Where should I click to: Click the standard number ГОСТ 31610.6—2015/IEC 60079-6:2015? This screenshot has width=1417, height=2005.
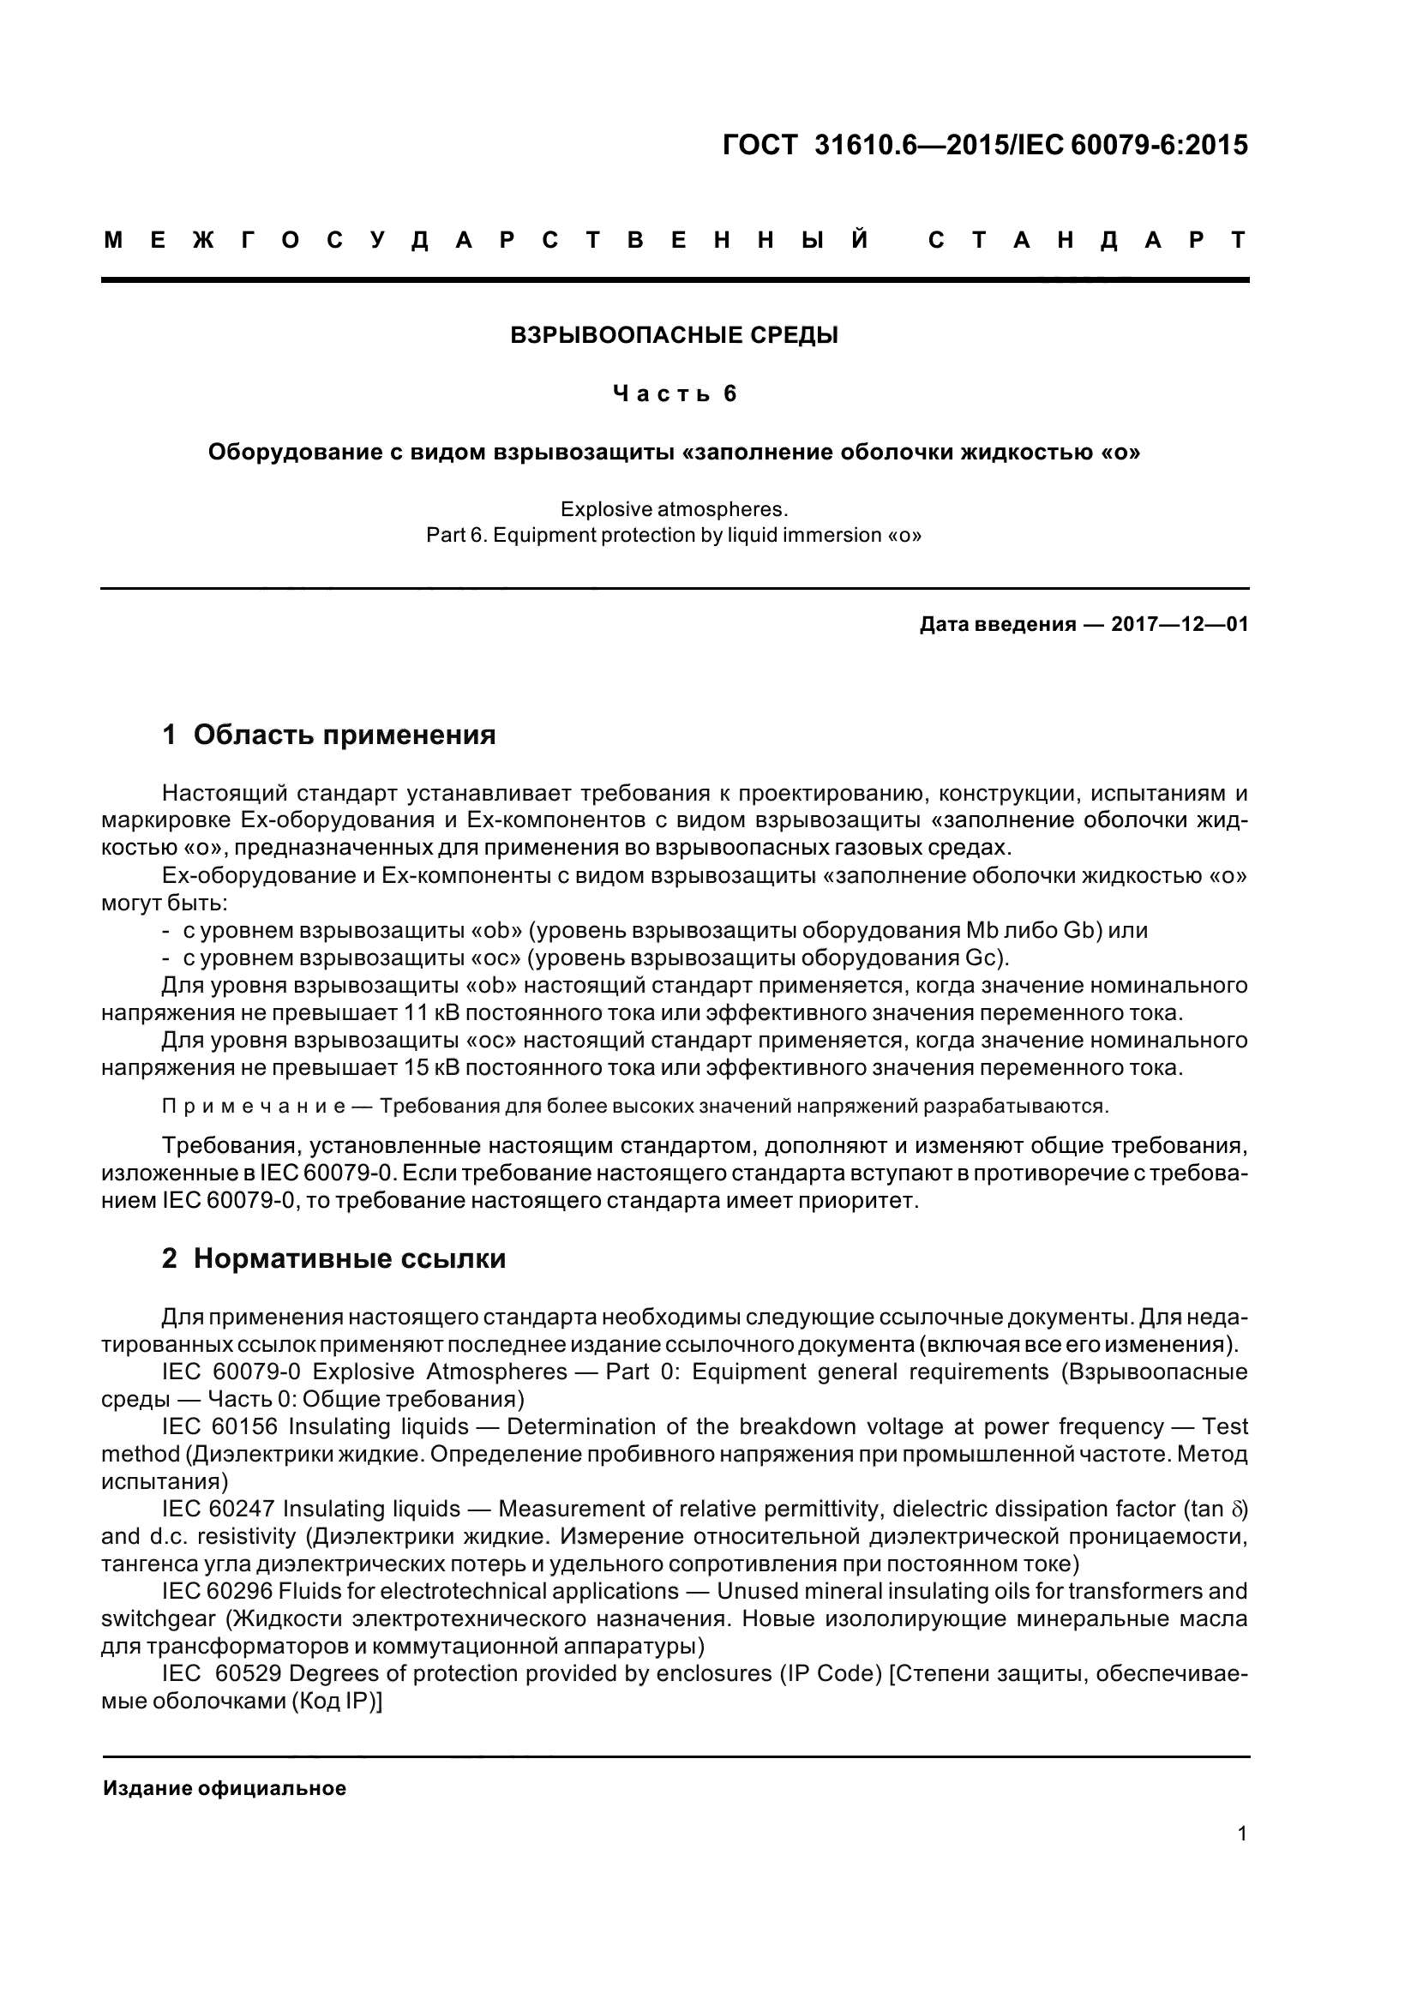click(x=985, y=145)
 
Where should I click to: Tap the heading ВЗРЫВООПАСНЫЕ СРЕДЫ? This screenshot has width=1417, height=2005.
click(x=674, y=335)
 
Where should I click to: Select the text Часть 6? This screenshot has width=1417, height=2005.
click(x=674, y=393)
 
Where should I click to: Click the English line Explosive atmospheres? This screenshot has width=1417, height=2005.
click(x=674, y=508)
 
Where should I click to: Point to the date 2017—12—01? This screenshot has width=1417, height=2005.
click(x=1179, y=624)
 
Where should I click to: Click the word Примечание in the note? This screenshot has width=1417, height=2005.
click(x=254, y=1107)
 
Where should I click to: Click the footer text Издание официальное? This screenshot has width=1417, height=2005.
click(x=225, y=1788)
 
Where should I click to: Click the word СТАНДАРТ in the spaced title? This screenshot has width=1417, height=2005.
click(x=1087, y=240)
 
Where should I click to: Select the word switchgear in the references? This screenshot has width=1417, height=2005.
click(x=158, y=1618)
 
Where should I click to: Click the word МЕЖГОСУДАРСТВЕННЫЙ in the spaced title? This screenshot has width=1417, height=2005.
click(x=485, y=240)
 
